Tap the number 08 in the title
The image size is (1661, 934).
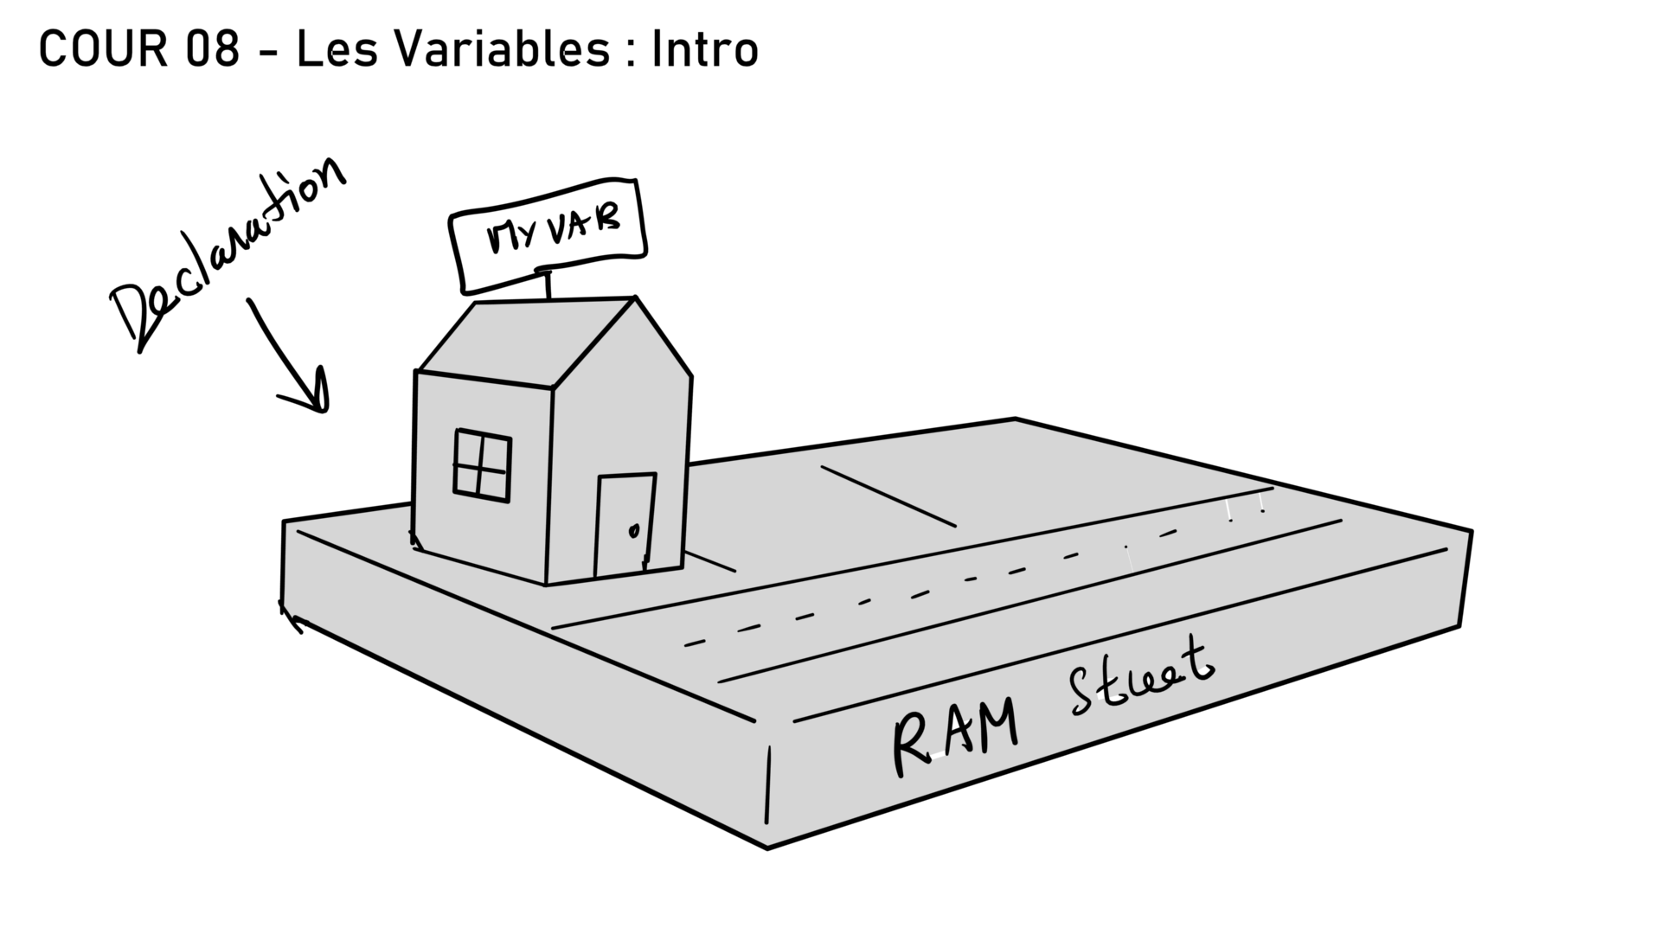pos(212,49)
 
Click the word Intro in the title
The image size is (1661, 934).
pos(705,49)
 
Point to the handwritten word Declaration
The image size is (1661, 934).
pos(229,255)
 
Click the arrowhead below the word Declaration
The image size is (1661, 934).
pos(316,398)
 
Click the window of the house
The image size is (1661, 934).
pos(482,465)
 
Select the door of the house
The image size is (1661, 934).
pos(624,523)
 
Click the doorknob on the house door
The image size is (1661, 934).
pos(633,530)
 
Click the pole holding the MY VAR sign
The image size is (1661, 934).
pos(547,286)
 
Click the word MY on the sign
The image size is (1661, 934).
pos(511,235)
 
